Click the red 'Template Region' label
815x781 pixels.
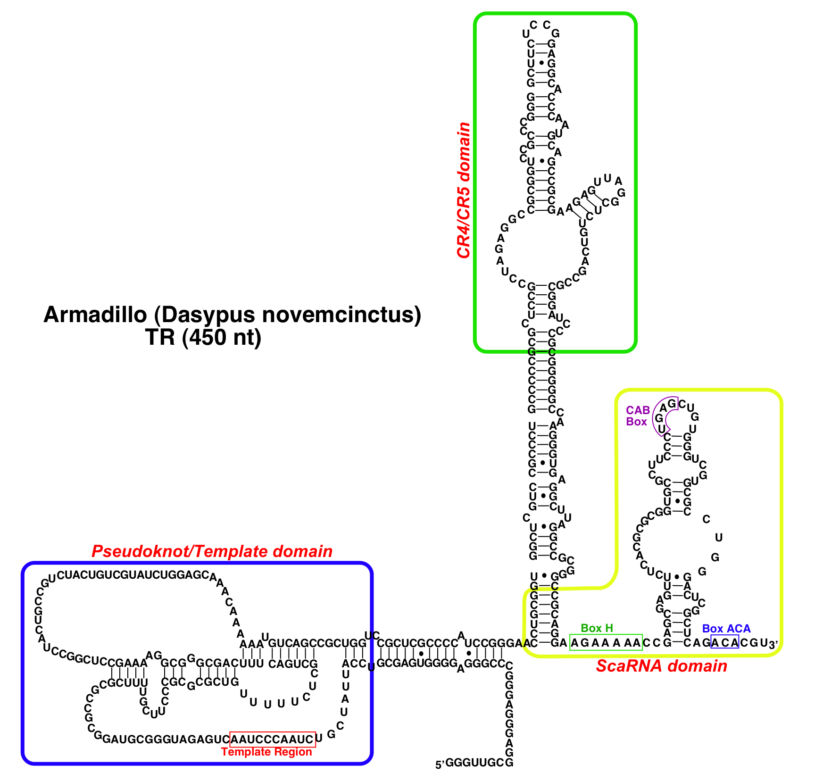click(x=266, y=752)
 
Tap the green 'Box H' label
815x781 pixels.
click(x=597, y=628)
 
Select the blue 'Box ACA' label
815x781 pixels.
click(x=726, y=628)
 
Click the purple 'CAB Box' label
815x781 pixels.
click(x=637, y=416)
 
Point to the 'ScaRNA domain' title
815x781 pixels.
click(x=661, y=666)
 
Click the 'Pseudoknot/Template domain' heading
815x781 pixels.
click(x=212, y=551)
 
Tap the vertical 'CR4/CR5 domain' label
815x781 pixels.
click(x=464, y=190)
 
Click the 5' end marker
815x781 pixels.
click(x=440, y=765)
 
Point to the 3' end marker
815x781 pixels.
click(x=773, y=644)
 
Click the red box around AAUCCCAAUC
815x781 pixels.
click(x=273, y=739)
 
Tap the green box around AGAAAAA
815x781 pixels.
click(x=606, y=642)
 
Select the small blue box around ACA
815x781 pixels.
click(x=724, y=642)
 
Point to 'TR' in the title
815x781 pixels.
click(x=160, y=337)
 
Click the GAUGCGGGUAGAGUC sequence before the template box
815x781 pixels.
click(x=166, y=739)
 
